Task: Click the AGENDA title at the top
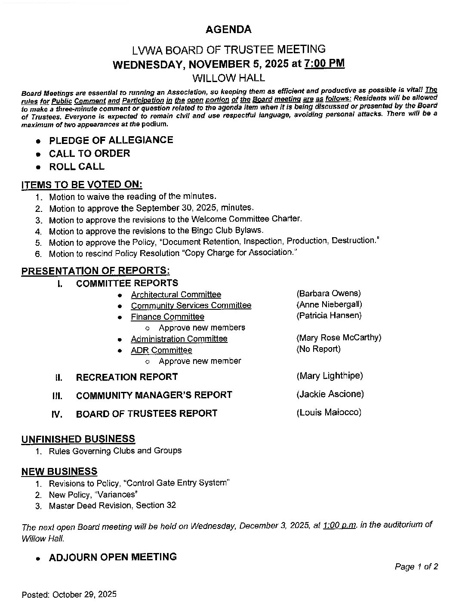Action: (x=228, y=30)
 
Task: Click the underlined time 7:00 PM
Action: (x=324, y=64)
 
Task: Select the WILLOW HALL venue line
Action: (x=228, y=78)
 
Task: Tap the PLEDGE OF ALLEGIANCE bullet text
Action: (x=111, y=140)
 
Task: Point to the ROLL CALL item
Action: (x=77, y=167)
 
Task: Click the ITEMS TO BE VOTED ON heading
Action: (x=82, y=185)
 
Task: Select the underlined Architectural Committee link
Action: (x=176, y=295)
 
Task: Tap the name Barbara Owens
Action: (x=329, y=293)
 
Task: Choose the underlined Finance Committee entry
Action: (x=167, y=317)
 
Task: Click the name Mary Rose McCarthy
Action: (x=339, y=338)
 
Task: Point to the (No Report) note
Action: (x=318, y=349)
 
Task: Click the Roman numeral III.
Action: (x=57, y=396)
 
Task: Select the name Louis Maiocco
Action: (x=329, y=412)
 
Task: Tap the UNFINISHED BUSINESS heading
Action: (x=78, y=439)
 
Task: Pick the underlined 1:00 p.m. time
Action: (x=339, y=526)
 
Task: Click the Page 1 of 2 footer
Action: (x=416, y=567)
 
